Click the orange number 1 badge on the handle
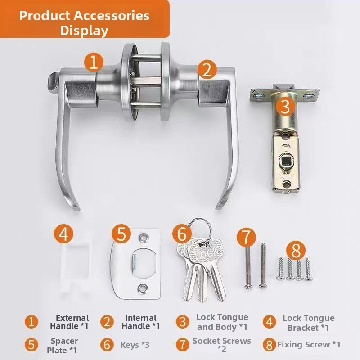[94, 62]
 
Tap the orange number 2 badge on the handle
[207, 70]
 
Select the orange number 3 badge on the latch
[285, 106]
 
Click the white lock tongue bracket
[76, 265]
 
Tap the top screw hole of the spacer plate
[143, 238]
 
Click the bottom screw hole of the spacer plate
[142, 288]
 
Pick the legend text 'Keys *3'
[135, 345]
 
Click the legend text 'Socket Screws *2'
[222, 345]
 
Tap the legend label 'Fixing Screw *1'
[309, 344]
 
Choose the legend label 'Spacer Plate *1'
[63, 346]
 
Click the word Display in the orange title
[84, 30]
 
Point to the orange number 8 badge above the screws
[296, 251]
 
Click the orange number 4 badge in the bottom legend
[269, 322]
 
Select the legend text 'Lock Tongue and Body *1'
[222, 322]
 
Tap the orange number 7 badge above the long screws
[246, 238]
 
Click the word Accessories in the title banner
[112, 16]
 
